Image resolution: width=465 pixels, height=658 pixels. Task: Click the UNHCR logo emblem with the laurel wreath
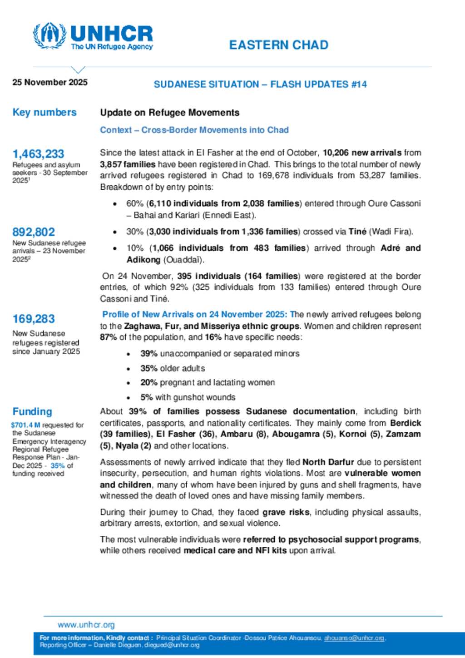coord(49,35)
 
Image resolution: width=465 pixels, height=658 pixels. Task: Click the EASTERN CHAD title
coord(278,45)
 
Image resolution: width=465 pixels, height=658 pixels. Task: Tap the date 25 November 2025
coord(50,82)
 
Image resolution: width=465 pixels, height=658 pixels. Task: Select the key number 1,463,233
coord(38,154)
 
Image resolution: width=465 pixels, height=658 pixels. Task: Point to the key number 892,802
coord(34,232)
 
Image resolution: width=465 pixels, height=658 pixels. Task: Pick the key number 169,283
coord(34,319)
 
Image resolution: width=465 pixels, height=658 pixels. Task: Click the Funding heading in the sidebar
coord(32,411)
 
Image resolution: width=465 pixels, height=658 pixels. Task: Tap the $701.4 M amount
coord(25,425)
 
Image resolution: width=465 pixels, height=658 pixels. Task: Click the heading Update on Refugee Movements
coord(169,113)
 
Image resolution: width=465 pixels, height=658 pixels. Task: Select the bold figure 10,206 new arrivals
coord(362,153)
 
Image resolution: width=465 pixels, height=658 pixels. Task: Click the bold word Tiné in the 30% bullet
coord(357,232)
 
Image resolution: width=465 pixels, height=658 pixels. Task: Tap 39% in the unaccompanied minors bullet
coord(149,353)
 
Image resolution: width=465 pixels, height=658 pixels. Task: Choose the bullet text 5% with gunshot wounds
coord(188,397)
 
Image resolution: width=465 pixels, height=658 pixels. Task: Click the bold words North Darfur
coord(328,462)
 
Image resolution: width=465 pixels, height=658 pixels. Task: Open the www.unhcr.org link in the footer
coord(86,625)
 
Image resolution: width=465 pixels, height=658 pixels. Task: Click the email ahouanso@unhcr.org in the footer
coord(354,638)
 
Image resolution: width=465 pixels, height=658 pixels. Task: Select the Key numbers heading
coord(45,112)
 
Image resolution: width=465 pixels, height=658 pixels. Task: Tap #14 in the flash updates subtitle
coord(359,84)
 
